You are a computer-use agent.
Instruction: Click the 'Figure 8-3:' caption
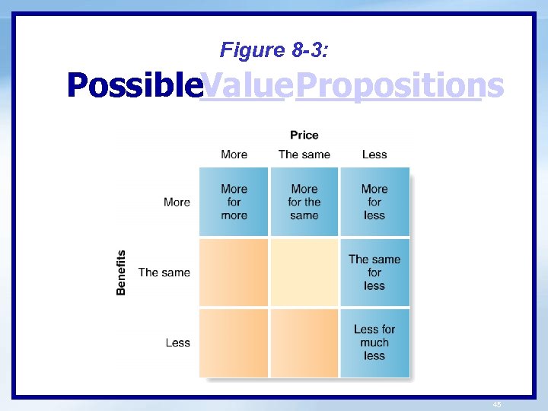tap(275, 50)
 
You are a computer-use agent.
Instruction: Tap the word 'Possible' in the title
tap(132, 85)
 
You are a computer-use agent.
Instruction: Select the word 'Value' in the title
tap(241, 85)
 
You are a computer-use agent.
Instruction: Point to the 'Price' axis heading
tap(304, 135)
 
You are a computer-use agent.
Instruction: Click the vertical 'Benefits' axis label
tap(121, 272)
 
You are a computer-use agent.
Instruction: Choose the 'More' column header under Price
tap(234, 155)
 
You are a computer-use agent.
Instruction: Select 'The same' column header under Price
tap(304, 155)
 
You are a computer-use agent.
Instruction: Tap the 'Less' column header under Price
tap(374, 155)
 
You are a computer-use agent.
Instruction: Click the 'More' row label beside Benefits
tap(177, 202)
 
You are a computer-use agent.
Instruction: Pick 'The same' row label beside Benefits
tap(164, 272)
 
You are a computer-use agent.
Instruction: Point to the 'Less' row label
tap(178, 342)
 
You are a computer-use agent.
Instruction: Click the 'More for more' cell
tap(234, 202)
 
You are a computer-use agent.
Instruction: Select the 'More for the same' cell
tap(304, 202)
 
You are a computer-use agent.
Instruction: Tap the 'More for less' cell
tap(374, 202)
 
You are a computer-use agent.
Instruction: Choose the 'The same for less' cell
tap(374, 272)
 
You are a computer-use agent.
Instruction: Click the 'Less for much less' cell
tap(374, 342)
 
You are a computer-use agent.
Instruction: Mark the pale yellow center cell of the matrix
tap(304, 272)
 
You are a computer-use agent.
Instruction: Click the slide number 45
tap(497, 405)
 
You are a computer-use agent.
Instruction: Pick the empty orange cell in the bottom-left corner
tap(234, 342)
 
